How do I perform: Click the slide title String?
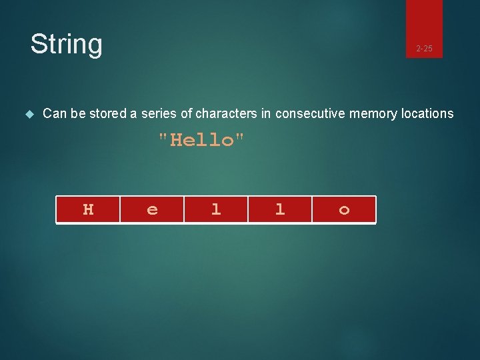tap(66, 44)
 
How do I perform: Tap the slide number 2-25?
tap(424, 49)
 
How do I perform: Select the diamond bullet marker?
tap(29, 114)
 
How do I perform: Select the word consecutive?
tap(309, 114)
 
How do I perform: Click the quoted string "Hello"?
tap(201, 141)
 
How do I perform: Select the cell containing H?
tap(88, 209)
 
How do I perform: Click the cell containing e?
tap(152, 209)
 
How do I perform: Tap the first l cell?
tap(215, 209)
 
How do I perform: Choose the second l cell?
tap(279, 209)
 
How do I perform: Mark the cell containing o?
tap(344, 209)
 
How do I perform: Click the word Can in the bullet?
tap(55, 114)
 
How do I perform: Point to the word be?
tap(78, 114)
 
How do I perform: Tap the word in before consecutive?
tap(266, 114)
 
